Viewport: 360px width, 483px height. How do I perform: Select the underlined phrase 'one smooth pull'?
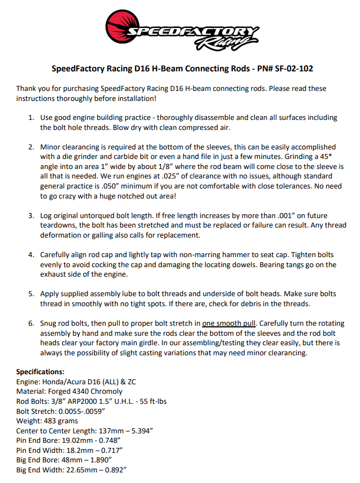[229, 323]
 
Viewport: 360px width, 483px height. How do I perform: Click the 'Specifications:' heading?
[40, 371]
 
